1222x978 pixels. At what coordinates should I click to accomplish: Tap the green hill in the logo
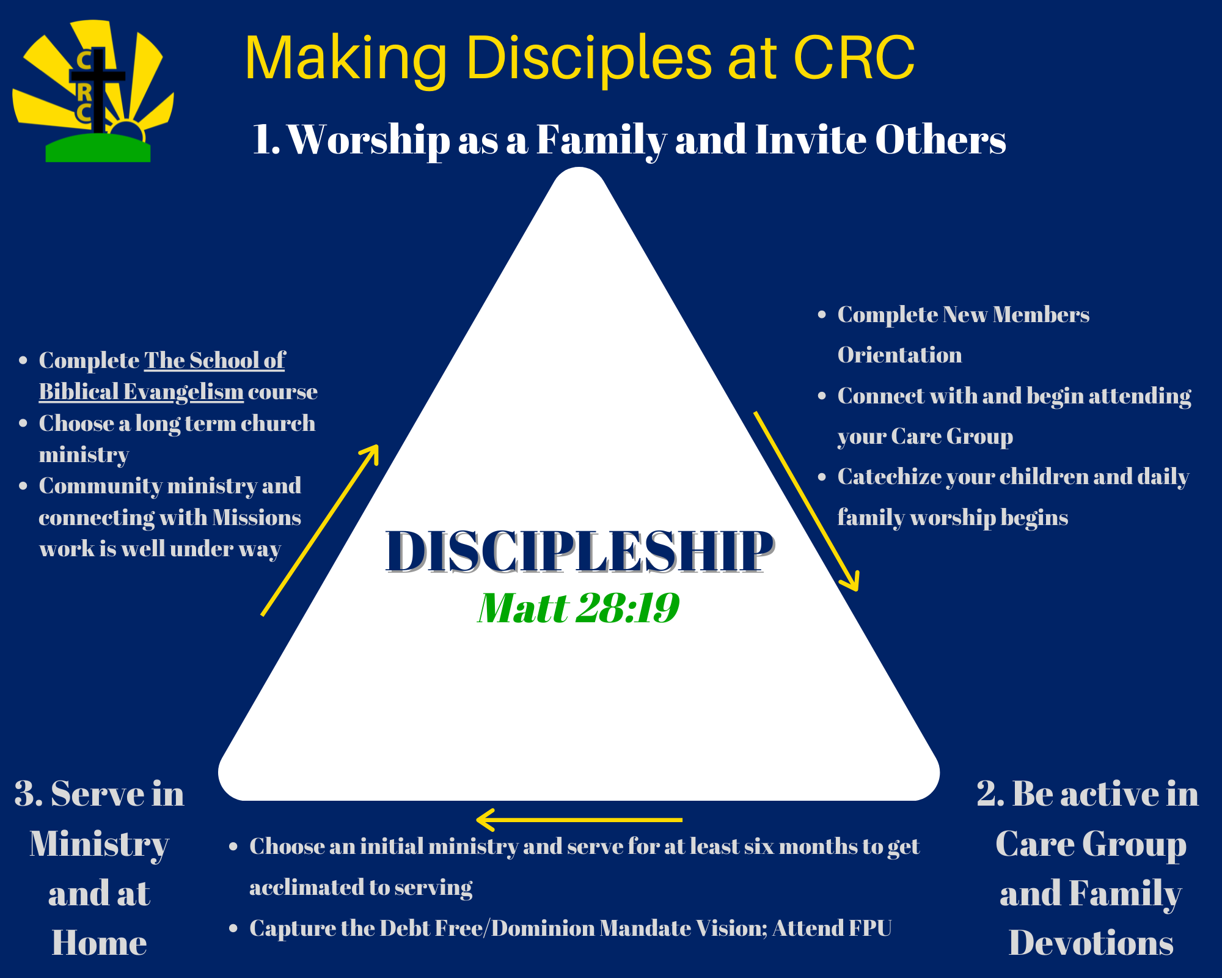pos(98,149)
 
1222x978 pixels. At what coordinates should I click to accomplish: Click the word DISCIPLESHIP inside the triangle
pos(579,551)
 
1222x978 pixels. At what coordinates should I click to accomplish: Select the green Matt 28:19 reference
pos(578,608)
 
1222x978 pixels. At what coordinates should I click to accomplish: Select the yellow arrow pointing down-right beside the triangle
pos(807,501)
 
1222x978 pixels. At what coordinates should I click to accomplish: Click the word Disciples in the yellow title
pos(589,59)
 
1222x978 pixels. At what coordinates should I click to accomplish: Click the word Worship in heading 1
pos(369,140)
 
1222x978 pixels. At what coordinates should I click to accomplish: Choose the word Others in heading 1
pos(940,140)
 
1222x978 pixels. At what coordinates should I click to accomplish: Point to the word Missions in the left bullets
pos(257,518)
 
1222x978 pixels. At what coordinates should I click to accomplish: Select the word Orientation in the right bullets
pos(899,355)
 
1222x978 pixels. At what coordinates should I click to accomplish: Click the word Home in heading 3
pos(99,943)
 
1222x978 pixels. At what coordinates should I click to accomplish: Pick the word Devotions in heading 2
pos(1091,943)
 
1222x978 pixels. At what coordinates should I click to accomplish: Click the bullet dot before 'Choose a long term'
pos(23,424)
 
